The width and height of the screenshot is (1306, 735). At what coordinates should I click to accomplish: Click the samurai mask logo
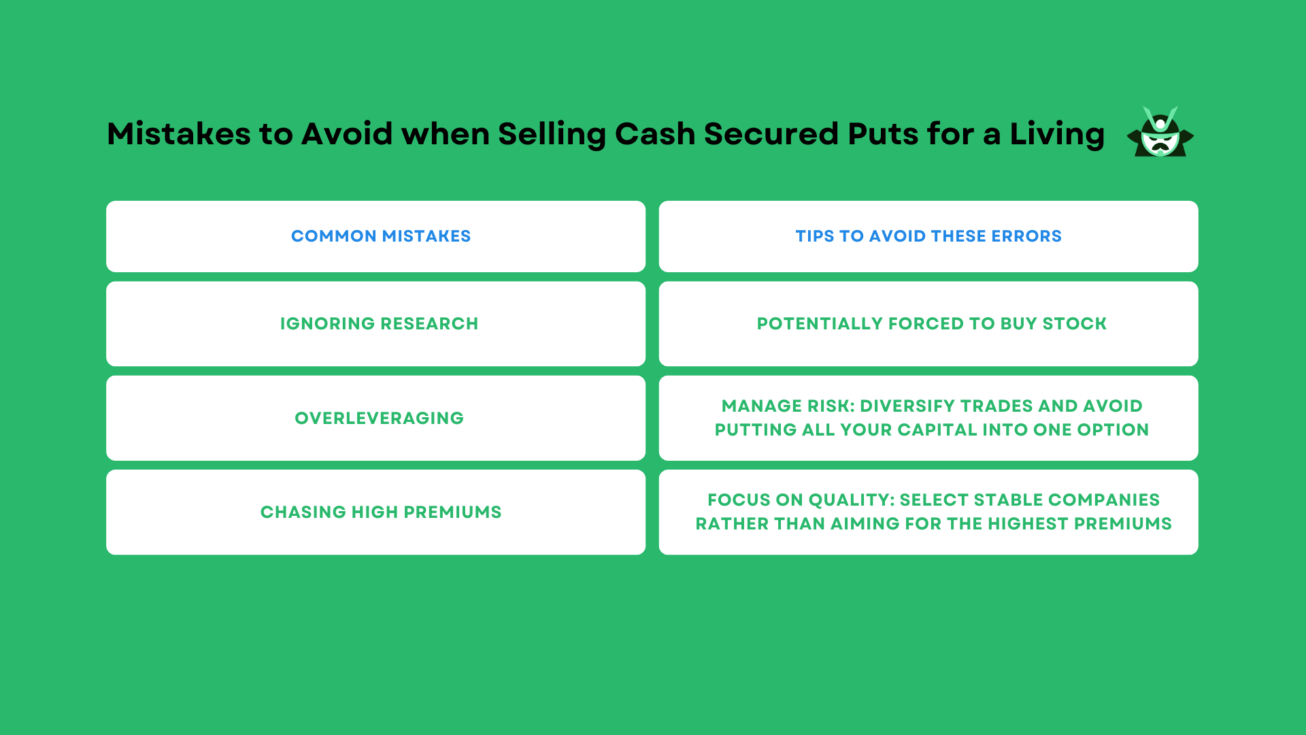1160,133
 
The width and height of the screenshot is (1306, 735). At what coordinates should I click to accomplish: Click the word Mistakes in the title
178,134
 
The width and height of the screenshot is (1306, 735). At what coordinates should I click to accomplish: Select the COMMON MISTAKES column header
380,236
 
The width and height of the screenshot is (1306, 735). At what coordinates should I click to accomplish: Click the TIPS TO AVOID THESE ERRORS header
928,236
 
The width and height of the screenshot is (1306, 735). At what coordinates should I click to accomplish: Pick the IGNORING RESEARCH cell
379,324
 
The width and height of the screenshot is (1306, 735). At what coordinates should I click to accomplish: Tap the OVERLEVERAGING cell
379,419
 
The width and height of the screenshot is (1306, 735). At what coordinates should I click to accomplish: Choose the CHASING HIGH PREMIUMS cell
380,512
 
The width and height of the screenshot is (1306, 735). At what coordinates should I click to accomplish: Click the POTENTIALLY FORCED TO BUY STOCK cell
931,324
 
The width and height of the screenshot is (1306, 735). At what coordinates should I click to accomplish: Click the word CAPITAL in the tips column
937,430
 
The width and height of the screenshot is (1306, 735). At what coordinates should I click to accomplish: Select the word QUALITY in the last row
848,500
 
